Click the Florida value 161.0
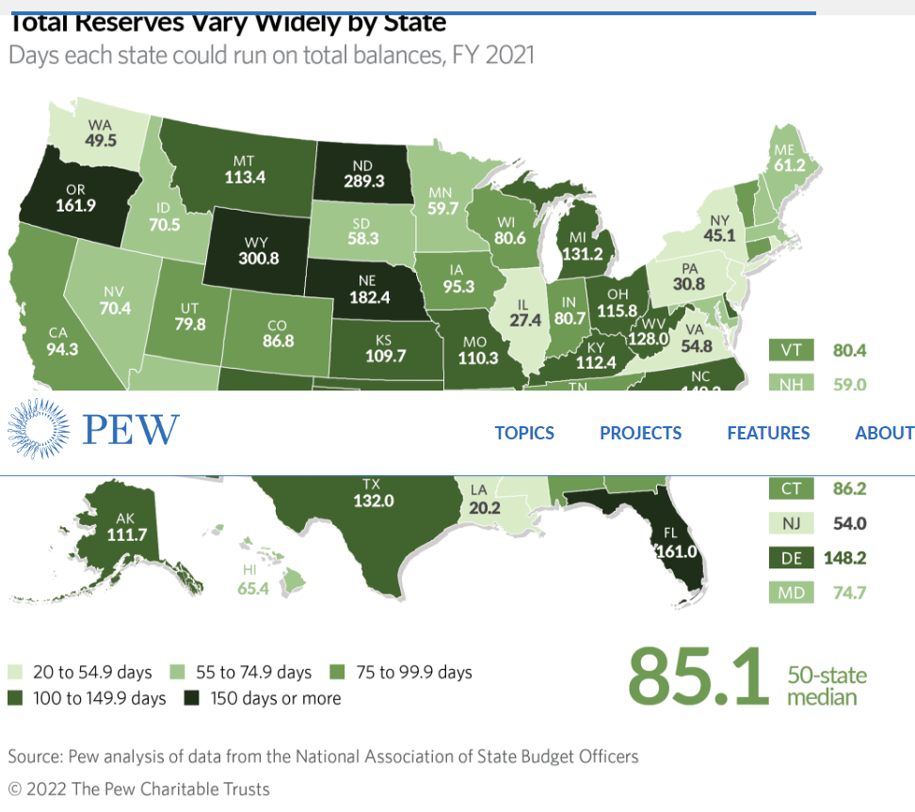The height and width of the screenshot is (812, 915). coord(676,551)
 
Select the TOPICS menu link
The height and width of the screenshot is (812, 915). coord(524,433)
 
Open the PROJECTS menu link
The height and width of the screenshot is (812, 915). coord(640,433)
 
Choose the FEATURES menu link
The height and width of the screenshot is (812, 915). coord(768,433)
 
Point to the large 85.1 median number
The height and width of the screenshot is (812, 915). coord(698,675)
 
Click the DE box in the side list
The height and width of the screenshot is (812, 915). coord(791,558)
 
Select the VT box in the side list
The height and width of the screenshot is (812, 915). coord(791,350)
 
